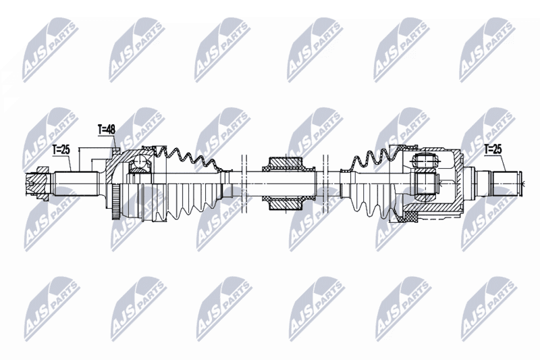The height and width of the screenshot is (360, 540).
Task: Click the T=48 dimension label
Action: tap(107, 130)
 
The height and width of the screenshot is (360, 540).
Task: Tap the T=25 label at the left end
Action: tap(61, 149)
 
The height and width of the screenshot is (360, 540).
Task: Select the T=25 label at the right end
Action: tap(493, 149)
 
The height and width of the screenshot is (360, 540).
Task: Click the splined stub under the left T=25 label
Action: tap(74, 184)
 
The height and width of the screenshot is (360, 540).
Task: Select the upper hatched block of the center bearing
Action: tap(285, 163)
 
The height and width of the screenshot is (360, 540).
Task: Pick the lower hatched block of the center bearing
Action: tap(285, 203)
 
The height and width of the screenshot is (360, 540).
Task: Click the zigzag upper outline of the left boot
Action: tap(188, 159)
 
